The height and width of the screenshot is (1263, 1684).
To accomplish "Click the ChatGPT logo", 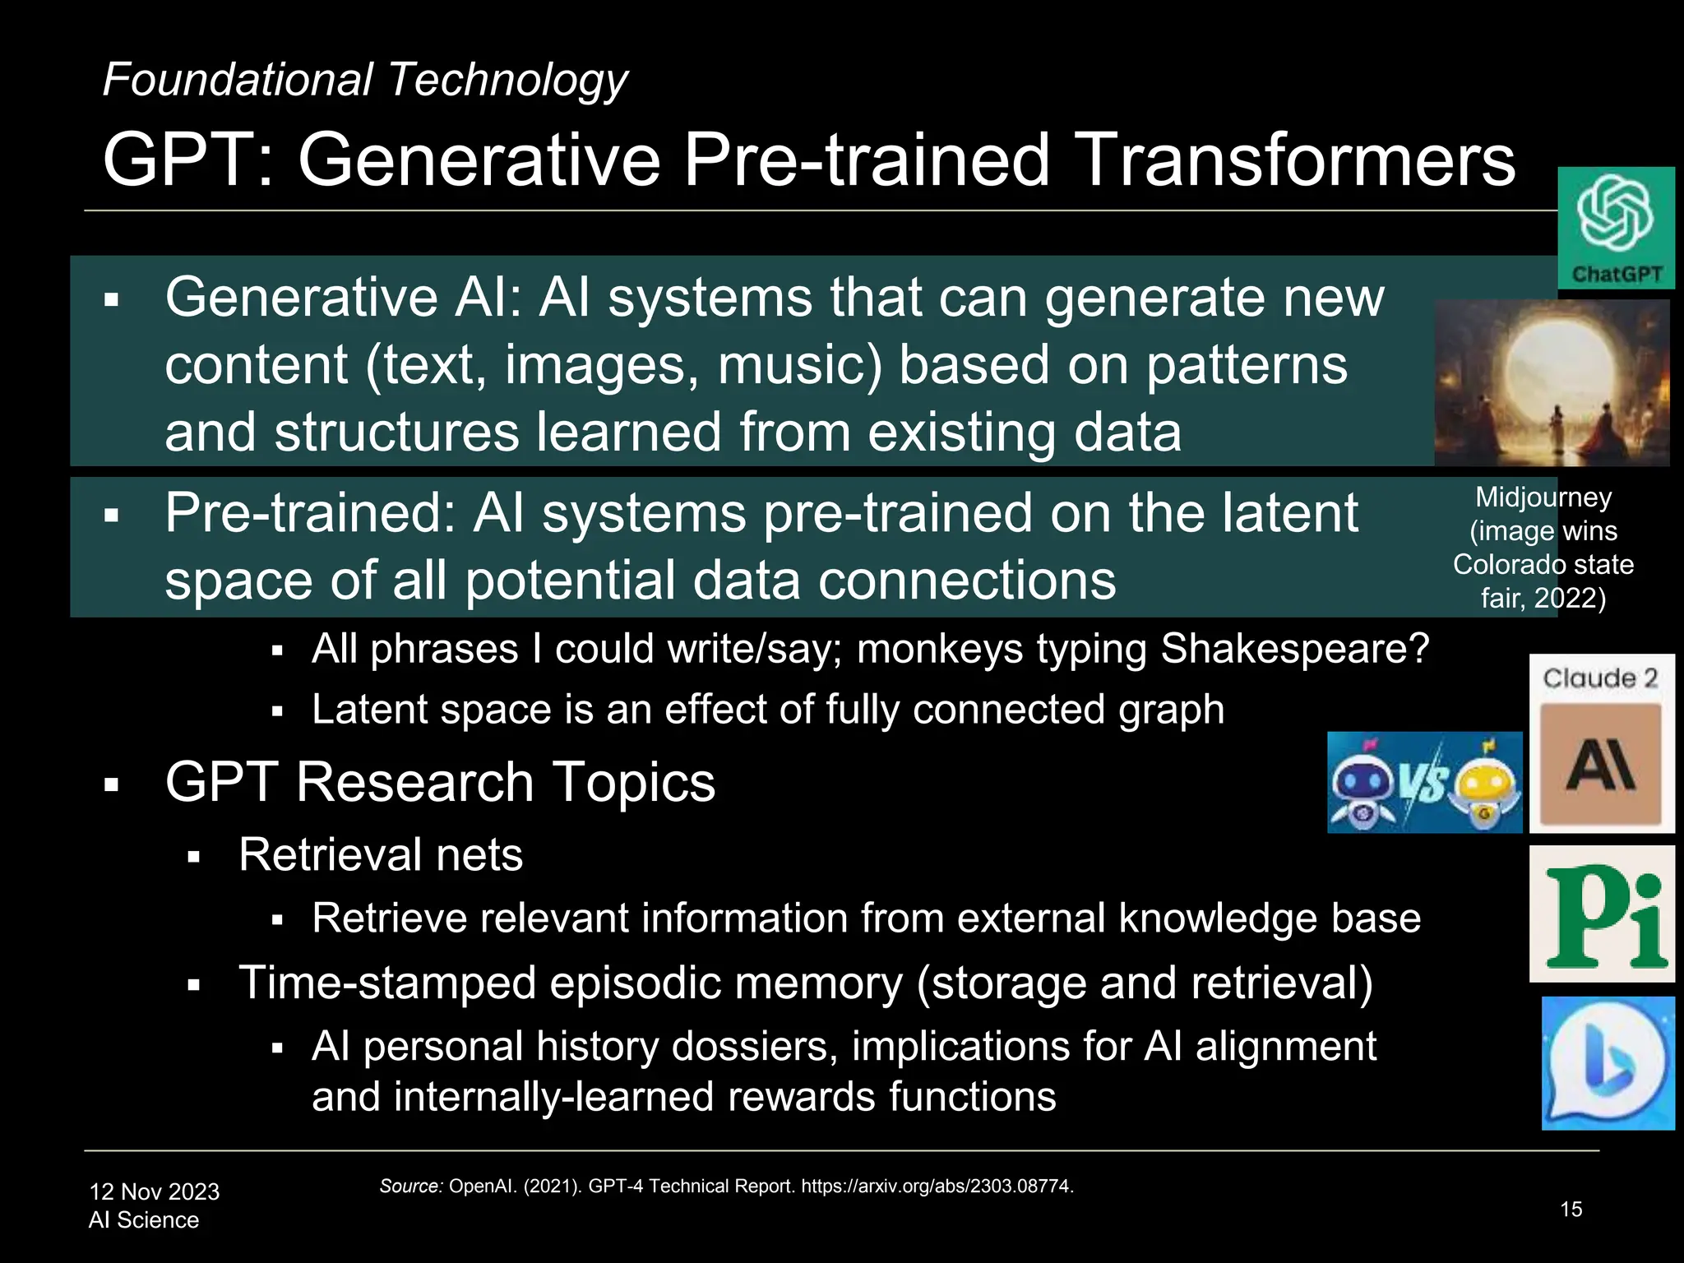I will point(1615,228).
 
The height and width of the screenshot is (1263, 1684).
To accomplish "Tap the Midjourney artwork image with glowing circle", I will point(1551,383).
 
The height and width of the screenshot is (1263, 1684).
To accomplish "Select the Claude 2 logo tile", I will point(1601,743).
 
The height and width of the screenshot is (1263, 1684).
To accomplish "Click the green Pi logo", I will point(1602,914).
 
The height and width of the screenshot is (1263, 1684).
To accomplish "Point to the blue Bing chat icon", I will point(1608,1063).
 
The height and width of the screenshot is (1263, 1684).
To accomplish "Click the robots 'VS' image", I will point(1424,782).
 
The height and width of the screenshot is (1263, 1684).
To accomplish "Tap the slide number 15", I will point(1571,1210).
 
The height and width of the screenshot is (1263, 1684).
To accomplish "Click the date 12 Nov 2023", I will point(155,1191).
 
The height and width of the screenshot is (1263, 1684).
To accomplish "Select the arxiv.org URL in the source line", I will point(937,1187).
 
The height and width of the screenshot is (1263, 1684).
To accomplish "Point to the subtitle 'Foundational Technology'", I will point(364,81).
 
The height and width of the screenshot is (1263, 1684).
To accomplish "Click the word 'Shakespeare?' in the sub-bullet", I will point(1294,649).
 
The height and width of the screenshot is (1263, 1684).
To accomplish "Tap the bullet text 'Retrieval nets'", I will point(380,854).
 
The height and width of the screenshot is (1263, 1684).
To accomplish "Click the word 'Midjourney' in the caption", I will point(1543,497).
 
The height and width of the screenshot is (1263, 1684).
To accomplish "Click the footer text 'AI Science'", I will point(144,1220).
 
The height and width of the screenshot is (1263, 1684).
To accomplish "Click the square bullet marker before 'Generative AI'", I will point(112,300).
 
